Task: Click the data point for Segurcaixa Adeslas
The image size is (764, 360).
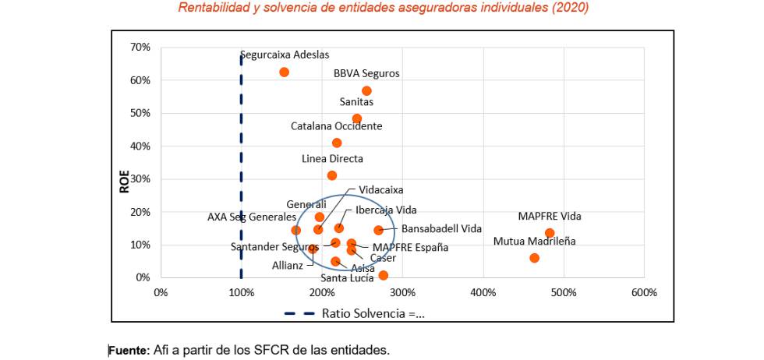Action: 284,72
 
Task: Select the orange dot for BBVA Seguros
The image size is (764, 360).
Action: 366,91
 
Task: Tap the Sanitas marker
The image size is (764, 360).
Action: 356,119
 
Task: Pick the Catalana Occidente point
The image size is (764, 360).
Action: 337,143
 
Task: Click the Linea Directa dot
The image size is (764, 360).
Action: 332,175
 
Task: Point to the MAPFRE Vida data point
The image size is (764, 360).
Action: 550,233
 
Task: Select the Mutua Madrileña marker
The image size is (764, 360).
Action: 534,258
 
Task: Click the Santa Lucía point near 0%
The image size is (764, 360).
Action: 383,275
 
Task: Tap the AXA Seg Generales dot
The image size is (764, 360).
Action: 296,231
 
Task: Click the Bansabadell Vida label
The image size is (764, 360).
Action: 441,229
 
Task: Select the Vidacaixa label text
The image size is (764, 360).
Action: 381,189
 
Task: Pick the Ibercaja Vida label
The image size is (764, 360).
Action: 386,210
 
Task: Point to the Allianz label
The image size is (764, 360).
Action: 287,265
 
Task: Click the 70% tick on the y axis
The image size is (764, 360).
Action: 140,48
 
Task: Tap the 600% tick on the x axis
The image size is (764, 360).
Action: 644,292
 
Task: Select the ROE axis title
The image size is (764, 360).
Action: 123,182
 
